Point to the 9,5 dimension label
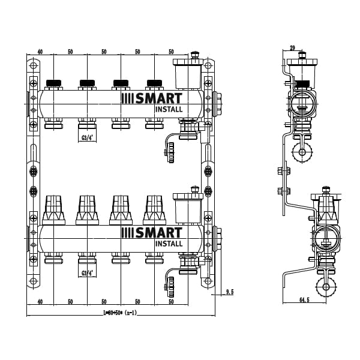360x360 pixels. click(229, 292)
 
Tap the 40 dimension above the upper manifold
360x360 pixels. click(40, 52)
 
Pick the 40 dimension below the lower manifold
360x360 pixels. click(40, 302)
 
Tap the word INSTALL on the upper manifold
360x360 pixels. click(169, 109)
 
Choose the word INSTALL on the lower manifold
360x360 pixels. click(169, 243)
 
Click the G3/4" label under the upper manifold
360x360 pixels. click(88, 138)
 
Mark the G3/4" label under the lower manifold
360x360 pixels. click(88, 273)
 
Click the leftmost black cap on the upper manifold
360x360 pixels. click(54, 83)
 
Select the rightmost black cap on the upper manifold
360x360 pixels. click(155, 83)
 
